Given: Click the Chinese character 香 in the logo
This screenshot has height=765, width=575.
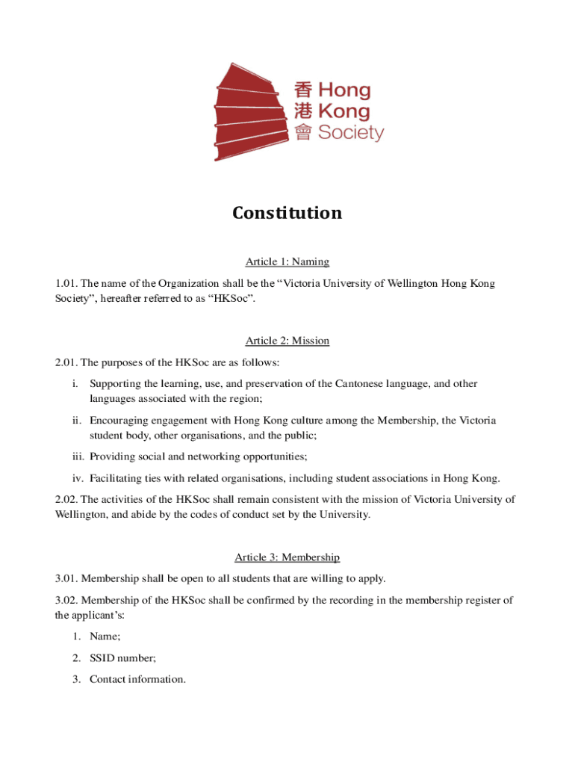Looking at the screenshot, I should point(302,90).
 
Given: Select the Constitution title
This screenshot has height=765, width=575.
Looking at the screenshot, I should point(287,214).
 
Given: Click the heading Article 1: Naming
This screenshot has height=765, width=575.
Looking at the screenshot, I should point(287,261).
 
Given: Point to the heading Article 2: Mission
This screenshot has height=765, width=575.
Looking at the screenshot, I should point(287,341).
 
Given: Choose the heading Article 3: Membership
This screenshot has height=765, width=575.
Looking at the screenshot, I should point(287,557).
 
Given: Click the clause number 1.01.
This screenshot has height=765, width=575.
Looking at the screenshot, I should point(66,284).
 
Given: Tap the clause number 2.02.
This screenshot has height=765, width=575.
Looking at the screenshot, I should point(66,500).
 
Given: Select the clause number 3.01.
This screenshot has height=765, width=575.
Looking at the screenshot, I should point(66,578).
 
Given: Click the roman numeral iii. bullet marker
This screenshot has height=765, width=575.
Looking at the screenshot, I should point(79,456).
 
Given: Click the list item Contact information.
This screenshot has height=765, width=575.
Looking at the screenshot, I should point(137,679).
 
